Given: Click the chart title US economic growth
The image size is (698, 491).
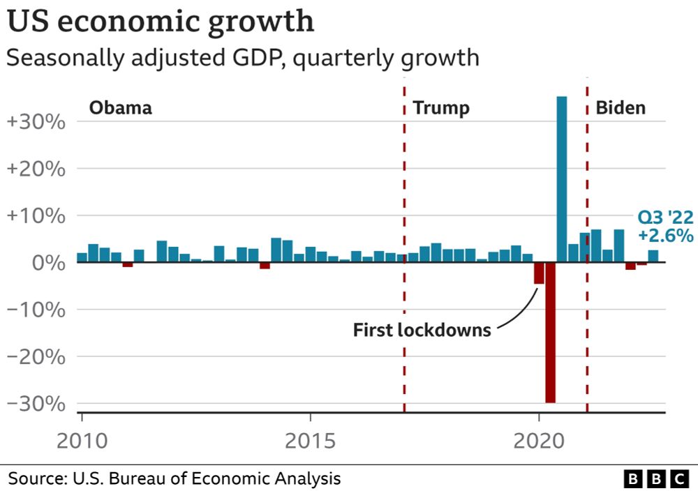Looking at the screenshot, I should (x=161, y=23).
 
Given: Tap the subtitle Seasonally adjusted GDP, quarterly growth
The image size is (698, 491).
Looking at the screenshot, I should (x=243, y=58).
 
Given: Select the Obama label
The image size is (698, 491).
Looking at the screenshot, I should (x=121, y=108).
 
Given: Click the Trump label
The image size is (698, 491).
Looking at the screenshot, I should (x=441, y=108).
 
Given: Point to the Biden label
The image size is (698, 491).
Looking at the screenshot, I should (x=620, y=108).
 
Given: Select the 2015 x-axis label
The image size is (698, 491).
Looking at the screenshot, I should (x=310, y=441).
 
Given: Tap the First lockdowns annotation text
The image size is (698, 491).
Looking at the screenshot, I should (x=422, y=329).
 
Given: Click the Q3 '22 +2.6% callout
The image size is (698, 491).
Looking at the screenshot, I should (x=665, y=227).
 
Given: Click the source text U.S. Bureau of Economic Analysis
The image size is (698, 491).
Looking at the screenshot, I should (x=174, y=478).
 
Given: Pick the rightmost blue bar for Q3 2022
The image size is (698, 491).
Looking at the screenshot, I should (x=653, y=256).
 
